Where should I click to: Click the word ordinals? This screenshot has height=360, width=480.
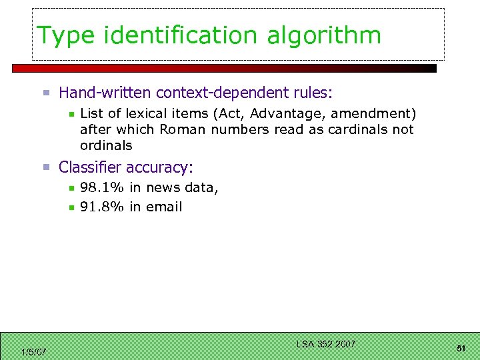[106, 145]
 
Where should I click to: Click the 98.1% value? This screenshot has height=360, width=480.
[102, 187]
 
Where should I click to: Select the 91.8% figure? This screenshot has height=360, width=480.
[102, 207]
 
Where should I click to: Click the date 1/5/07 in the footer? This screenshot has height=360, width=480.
[33, 351]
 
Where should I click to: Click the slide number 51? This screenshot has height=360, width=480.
[461, 349]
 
